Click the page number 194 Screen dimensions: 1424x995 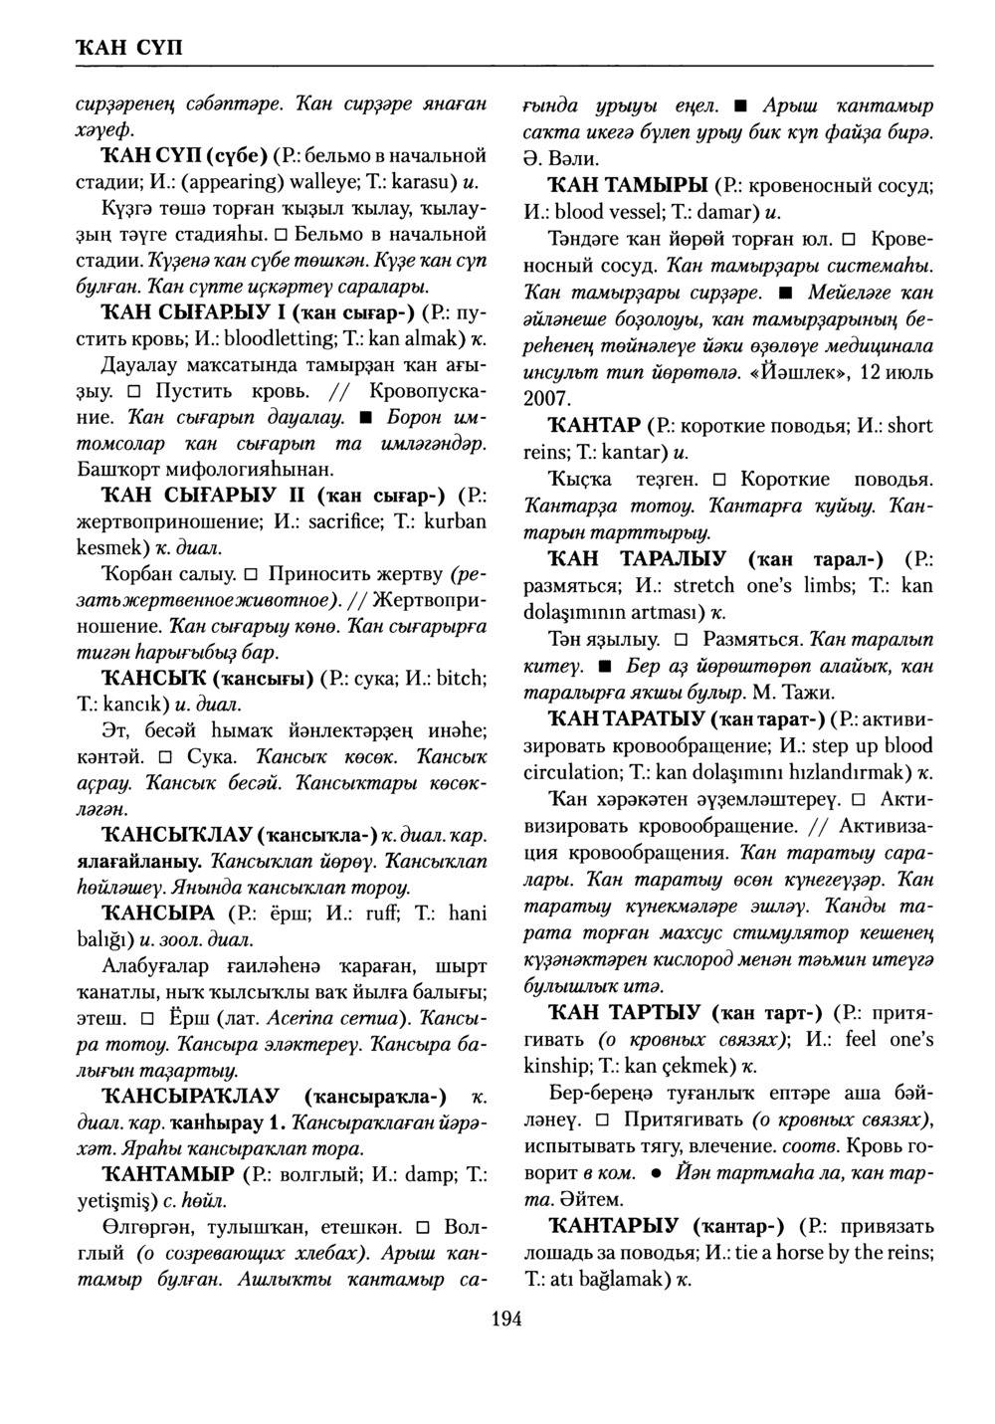[x=506, y=1320]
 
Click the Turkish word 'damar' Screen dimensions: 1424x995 [x=729, y=212]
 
